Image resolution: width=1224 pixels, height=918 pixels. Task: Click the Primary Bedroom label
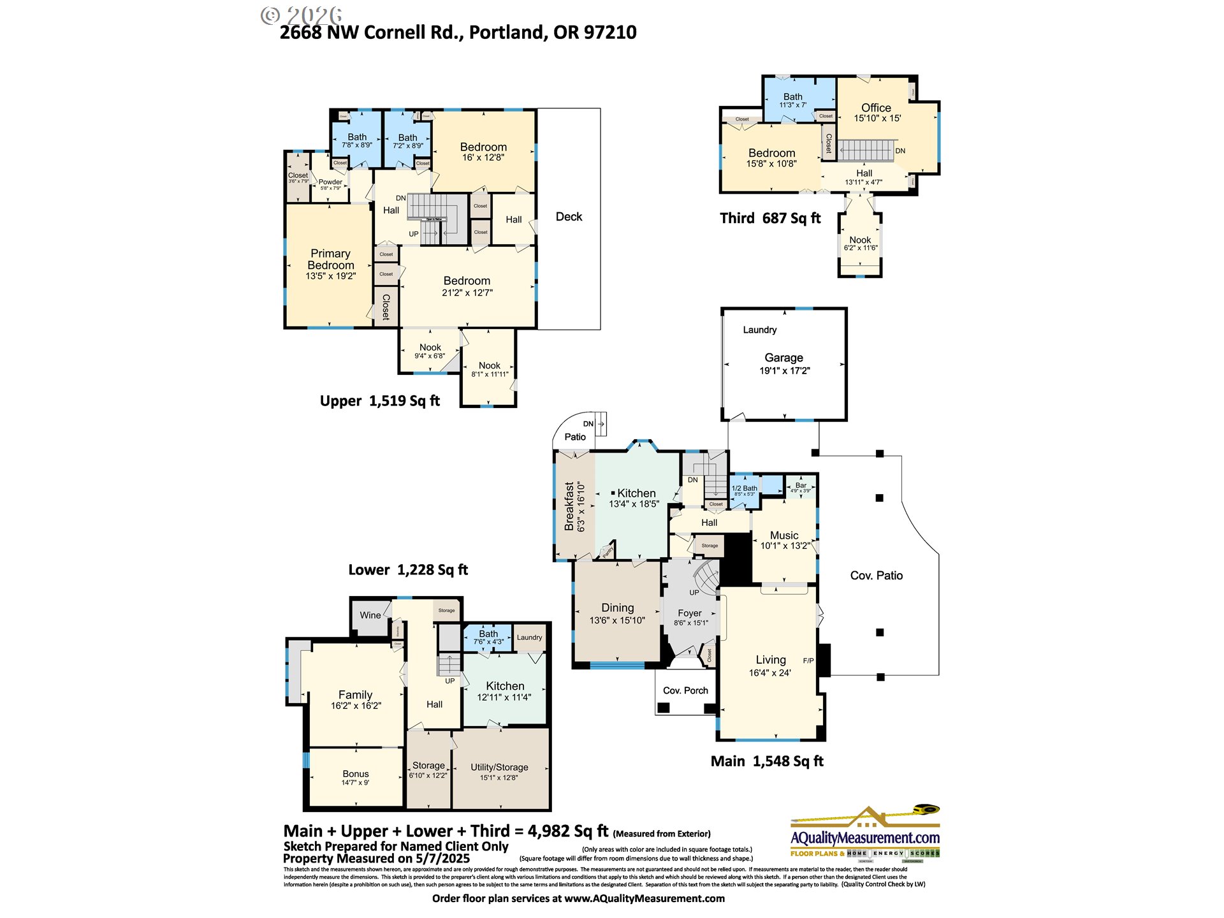click(x=330, y=259)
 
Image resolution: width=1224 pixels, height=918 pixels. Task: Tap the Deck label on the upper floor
click(x=569, y=217)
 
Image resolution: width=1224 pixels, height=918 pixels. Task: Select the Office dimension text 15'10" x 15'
click(x=877, y=119)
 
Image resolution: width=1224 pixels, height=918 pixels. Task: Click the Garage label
click(x=783, y=358)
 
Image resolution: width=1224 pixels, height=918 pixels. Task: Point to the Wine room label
click(x=370, y=615)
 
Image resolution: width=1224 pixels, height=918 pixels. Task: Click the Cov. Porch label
click(x=685, y=690)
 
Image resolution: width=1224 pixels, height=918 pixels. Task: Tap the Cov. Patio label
click(x=876, y=576)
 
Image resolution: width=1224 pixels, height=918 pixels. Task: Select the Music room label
click(x=783, y=535)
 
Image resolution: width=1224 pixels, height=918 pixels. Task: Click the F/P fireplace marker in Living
click(x=808, y=660)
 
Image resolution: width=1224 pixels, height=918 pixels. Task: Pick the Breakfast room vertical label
click(x=569, y=506)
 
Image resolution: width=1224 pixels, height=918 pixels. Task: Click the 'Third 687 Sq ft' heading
click(x=769, y=219)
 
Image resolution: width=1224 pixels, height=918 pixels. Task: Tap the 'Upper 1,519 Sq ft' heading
click(x=379, y=401)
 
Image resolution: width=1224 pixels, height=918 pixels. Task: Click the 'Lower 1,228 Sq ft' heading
click(x=407, y=570)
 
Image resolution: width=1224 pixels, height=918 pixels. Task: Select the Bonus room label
click(x=355, y=774)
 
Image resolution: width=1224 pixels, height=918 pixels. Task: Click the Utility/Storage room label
click(x=499, y=768)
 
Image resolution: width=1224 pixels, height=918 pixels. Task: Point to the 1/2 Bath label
click(x=744, y=488)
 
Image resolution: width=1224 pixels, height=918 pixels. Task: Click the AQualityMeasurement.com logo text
click(x=864, y=838)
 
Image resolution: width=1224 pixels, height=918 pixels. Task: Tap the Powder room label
click(x=330, y=182)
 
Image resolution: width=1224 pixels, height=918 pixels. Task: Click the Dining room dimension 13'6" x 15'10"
click(x=617, y=620)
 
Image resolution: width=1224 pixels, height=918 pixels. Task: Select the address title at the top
click(x=458, y=33)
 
